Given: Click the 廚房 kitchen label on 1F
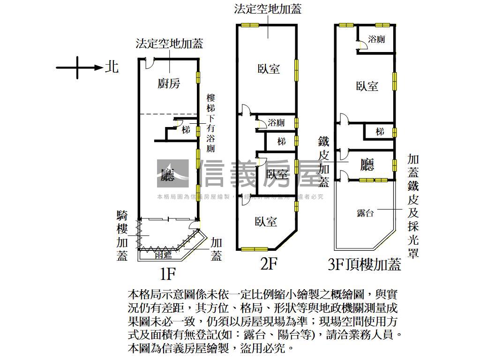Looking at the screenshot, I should (x=169, y=83).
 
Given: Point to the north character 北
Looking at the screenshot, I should (x=112, y=67).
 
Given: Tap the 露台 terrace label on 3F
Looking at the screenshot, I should (x=365, y=213).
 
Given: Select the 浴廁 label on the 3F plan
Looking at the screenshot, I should (x=376, y=39).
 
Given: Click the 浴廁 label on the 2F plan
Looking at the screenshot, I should (x=276, y=123).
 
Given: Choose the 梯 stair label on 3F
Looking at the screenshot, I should (x=380, y=132).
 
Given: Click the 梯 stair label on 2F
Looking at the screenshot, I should (x=281, y=141).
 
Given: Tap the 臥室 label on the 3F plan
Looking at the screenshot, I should (x=367, y=86).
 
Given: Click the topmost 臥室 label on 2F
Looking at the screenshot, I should (x=269, y=69).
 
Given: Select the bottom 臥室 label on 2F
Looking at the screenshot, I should (x=266, y=222).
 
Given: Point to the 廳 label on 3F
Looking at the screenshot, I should (x=367, y=165).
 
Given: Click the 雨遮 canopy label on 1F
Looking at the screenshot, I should (x=163, y=255).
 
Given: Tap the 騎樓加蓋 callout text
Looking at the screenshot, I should (x=122, y=236).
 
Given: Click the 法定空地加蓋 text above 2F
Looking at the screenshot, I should (x=268, y=8).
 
